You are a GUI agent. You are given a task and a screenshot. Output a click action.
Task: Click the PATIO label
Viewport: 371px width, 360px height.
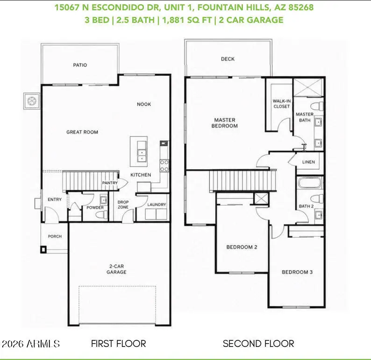pyautogui.click(x=80, y=65)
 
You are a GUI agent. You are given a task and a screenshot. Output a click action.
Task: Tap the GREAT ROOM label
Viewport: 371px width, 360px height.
pyautogui.click(x=82, y=132)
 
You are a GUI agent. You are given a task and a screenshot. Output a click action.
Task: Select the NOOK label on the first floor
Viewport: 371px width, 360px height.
pyautogui.click(x=144, y=104)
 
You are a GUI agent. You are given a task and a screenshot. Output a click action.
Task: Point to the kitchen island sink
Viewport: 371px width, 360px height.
pyautogui.click(x=142, y=155)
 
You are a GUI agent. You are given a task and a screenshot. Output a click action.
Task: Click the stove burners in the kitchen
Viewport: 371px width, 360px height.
pyautogui.click(x=164, y=166)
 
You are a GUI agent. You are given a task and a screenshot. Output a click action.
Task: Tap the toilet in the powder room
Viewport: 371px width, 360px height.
pyautogui.click(x=102, y=215)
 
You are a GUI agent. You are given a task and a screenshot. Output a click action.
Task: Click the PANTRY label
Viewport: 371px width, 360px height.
pyautogui.click(x=110, y=183)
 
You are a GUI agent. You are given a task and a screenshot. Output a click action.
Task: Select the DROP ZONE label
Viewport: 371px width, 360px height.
pyautogui.click(x=123, y=204)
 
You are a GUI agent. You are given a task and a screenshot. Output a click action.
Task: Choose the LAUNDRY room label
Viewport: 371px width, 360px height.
pyautogui.click(x=157, y=204)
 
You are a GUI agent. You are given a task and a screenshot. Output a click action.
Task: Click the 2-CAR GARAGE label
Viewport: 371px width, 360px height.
pyautogui.click(x=116, y=269)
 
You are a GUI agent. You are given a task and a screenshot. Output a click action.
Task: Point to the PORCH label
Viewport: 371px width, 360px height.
pyautogui.click(x=55, y=236)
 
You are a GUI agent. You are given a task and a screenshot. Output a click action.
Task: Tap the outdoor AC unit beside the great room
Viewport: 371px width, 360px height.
pyautogui.click(x=32, y=101)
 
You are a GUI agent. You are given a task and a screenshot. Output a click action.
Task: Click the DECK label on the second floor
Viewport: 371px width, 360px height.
pyautogui.click(x=228, y=59)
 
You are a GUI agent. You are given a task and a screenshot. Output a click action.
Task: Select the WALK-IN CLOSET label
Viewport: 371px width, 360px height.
pyautogui.click(x=282, y=104)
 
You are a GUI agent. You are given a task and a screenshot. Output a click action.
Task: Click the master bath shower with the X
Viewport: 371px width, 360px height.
pyautogui.click(x=308, y=87)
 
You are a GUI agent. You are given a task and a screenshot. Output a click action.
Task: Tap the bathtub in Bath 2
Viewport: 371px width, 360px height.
pyautogui.click(x=309, y=183)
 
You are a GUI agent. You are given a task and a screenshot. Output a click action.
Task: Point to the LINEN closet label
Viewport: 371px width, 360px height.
pyautogui.click(x=308, y=162)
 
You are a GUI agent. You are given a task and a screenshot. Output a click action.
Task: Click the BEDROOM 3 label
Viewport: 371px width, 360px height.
pyautogui.click(x=297, y=272)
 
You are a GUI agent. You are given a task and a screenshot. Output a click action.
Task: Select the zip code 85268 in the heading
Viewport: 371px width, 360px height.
pyautogui.click(x=301, y=7)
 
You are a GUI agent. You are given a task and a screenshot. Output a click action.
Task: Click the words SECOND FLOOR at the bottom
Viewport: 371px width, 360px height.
pyautogui.click(x=258, y=344)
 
